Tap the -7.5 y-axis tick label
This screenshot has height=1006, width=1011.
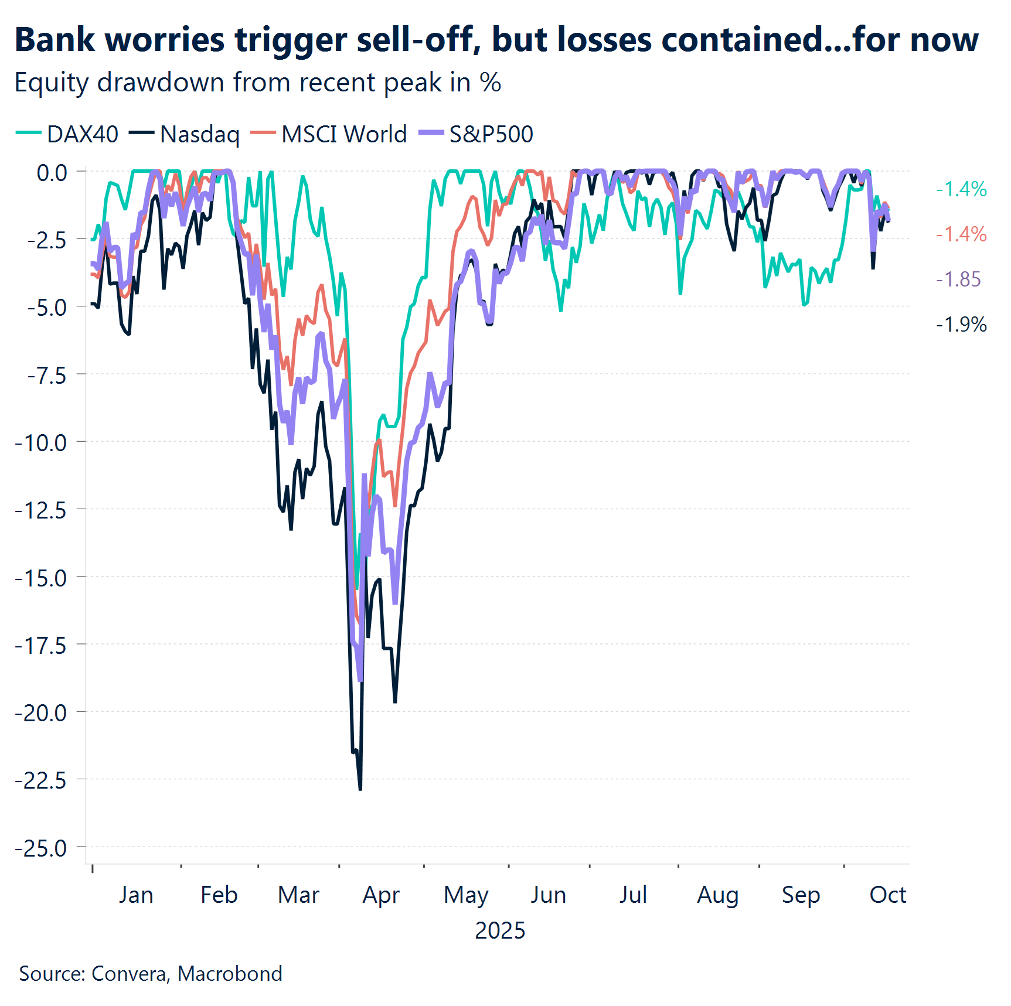pyautogui.click(x=47, y=375)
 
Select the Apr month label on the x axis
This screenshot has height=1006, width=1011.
pyautogui.click(x=381, y=895)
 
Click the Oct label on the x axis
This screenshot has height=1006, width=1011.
pyautogui.click(x=887, y=895)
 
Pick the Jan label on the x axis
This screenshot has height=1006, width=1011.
pyautogui.click(x=136, y=895)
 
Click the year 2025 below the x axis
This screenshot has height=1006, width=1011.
pyautogui.click(x=500, y=930)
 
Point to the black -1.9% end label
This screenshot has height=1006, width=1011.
pyautogui.click(x=961, y=324)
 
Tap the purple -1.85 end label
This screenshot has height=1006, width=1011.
pyautogui.click(x=958, y=279)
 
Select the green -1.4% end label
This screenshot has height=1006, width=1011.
pyautogui.click(x=961, y=189)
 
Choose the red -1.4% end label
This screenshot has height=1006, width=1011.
pyautogui.click(x=961, y=234)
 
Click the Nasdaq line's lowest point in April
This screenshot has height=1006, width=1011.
pyautogui.click(x=360, y=789)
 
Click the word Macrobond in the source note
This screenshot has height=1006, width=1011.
pyautogui.click(x=230, y=973)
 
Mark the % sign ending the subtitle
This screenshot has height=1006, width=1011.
pyautogui.click(x=491, y=83)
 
